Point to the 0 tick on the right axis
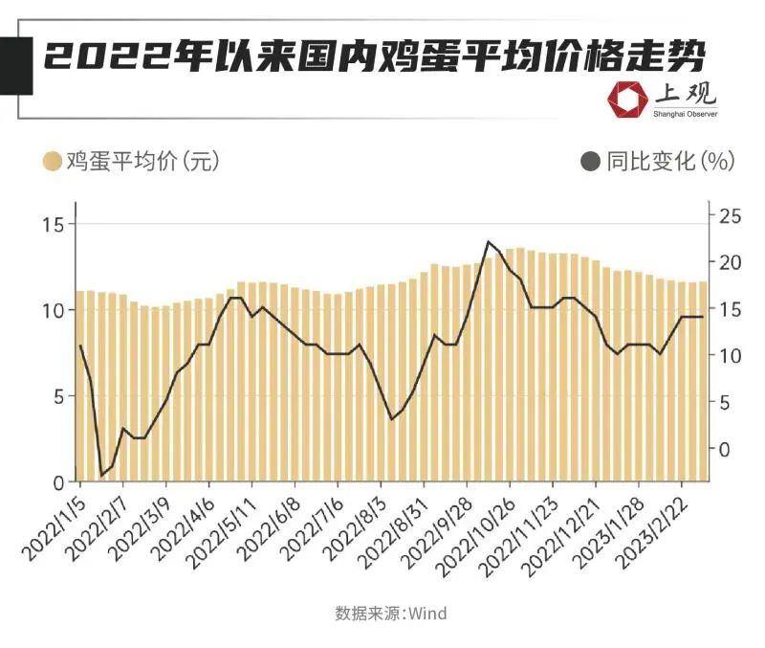pyautogui.click(x=723, y=449)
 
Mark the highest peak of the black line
pyautogui.click(x=489, y=242)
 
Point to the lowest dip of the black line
pyautogui.click(x=102, y=475)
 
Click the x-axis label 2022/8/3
pyautogui.click(x=350, y=522)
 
